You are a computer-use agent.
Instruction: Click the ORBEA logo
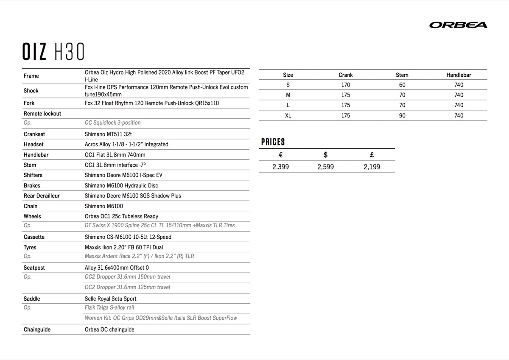pyautogui.click(x=458, y=25)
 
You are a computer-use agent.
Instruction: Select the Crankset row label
pyautogui.click(x=34, y=134)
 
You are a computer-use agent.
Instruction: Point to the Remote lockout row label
pyautogui.click(x=42, y=114)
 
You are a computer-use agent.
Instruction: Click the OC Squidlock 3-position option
pyautogui.click(x=112, y=123)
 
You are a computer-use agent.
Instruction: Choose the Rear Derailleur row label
pyautogui.click(x=42, y=195)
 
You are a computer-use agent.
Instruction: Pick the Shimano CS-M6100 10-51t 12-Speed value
pyautogui.click(x=128, y=237)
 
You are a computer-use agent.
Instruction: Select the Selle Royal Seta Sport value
pyautogui.click(x=110, y=299)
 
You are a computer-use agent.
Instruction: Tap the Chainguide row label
pyautogui.click(x=37, y=329)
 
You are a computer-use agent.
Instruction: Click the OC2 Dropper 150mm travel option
pyautogui.click(x=127, y=277)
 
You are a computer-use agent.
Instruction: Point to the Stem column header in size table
pyautogui.click(x=402, y=75)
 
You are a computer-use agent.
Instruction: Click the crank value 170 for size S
pyautogui.click(x=346, y=85)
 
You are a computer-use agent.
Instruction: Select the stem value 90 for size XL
pyautogui.click(x=402, y=115)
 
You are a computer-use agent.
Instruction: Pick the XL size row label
pyautogui.click(x=288, y=115)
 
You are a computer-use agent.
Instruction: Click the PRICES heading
pyautogui.click(x=273, y=142)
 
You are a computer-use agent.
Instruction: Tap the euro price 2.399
pyautogui.click(x=280, y=167)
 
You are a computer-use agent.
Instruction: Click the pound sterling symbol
pyautogui.click(x=372, y=155)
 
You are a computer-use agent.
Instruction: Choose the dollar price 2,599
pyautogui.click(x=325, y=167)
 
